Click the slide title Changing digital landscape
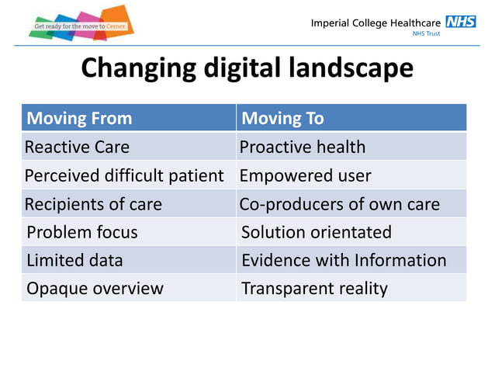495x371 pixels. [x=247, y=68]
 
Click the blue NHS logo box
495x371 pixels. [x=460, y=22]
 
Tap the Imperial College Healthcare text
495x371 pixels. [x=376, y=23]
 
